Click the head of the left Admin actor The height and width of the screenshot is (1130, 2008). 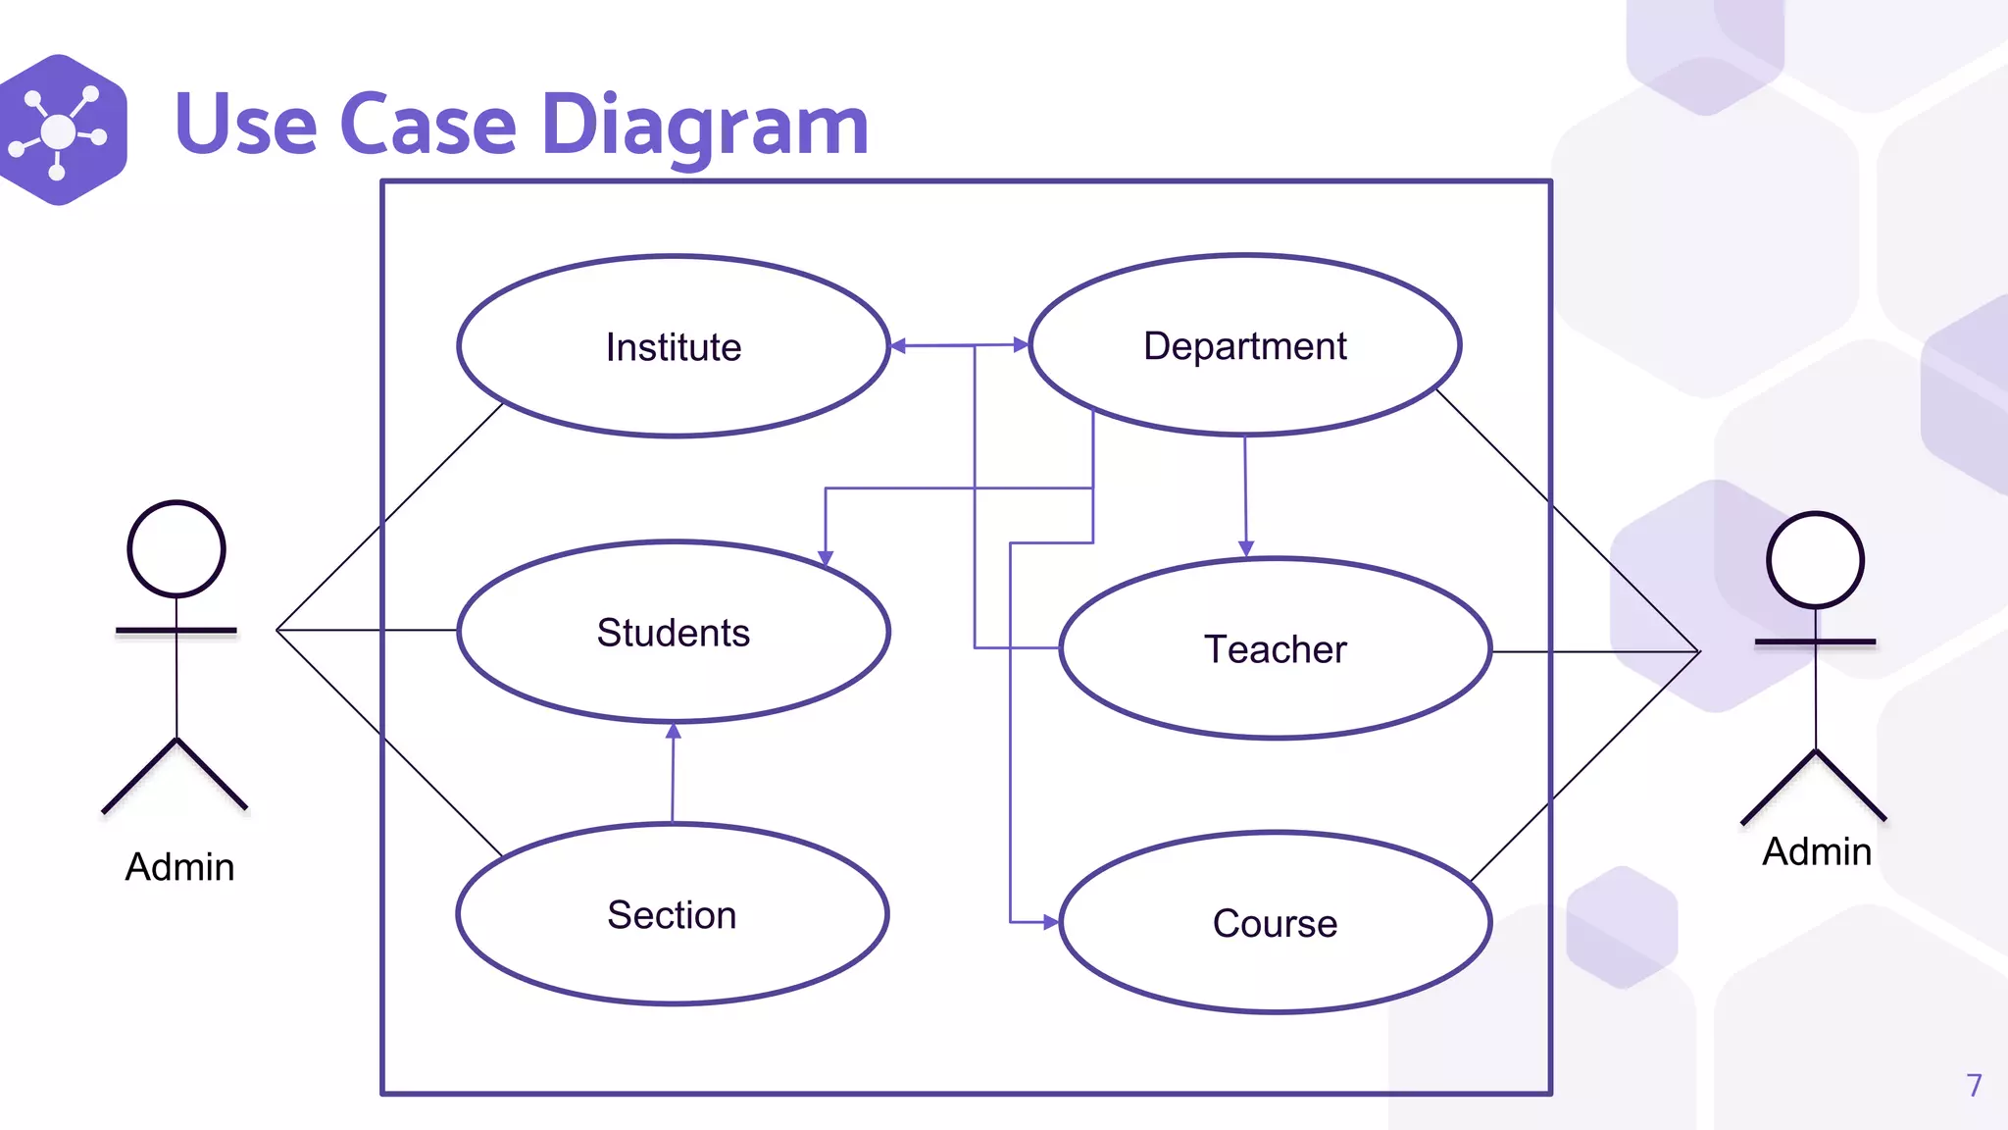pyautogui.click(x=176, y=548)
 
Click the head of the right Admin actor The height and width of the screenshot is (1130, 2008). pyautogui.click(x=1815, y=560)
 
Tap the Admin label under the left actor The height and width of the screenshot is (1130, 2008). pyautogui.click(x=179, y=867)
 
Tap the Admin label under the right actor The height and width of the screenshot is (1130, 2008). pyautogui.click(x=1817, y=851)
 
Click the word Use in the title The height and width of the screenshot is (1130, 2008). pyautogui.click(x=245, y=126)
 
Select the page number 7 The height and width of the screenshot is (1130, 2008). pyautogui.click(x=1974, y=1085)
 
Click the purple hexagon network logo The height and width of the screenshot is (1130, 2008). pyautogui.click(x=61, y=129)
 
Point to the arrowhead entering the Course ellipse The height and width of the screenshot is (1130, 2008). pyautogui.click(x=1051, y=922)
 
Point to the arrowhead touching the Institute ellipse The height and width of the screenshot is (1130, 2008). pyautogui.click(x=898, y=346)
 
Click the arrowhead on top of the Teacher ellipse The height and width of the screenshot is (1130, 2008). pyautogui.click(x=1246, y=549)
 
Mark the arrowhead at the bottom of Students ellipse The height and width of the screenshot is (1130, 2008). pyautogui.click(x=674, y=731)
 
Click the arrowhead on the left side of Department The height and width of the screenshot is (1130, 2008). pyautogui.click(x=1021, y=345)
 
